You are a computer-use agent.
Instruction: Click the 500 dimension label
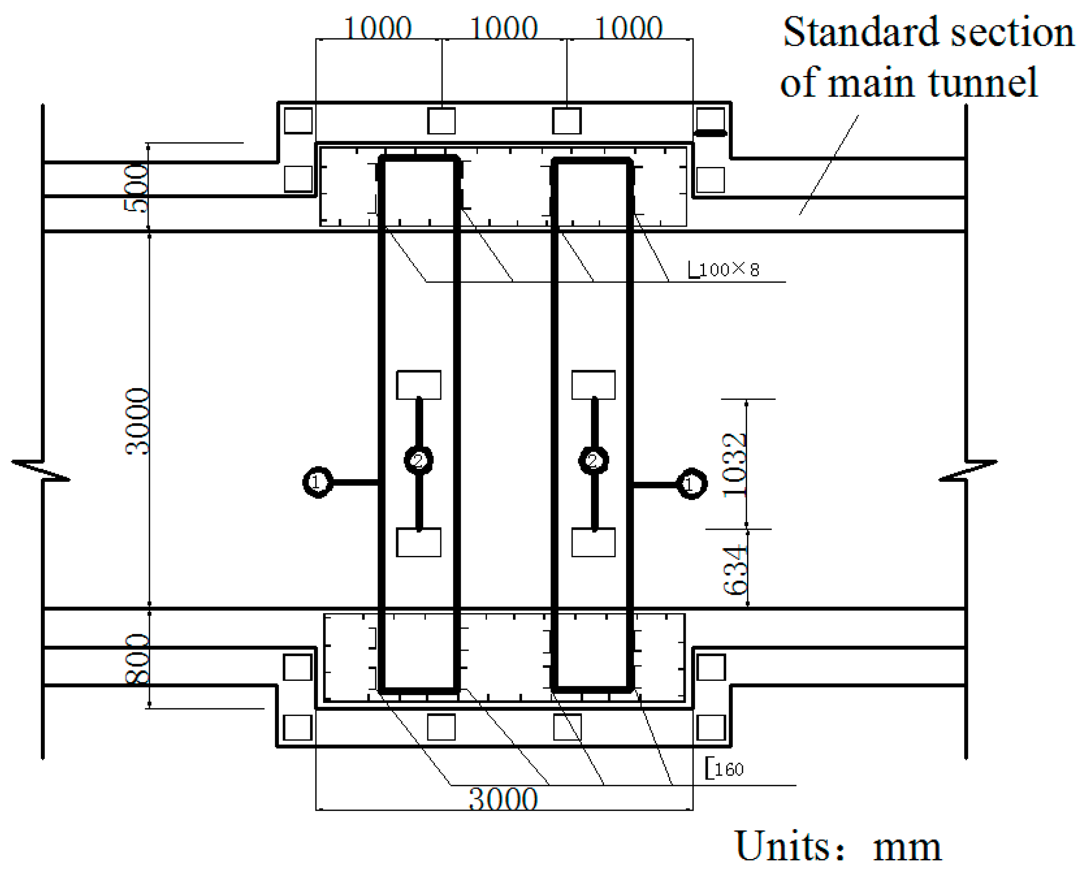[x=136, y=188]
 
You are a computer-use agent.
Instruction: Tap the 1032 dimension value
[x=735, y=465]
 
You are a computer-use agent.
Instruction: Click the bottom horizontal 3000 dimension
[x=503, y=799]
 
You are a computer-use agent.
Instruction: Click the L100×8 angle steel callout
[x=724, y=270]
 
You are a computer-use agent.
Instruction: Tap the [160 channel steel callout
[x=724, y=769]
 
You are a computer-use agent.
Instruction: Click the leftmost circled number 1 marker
[x=318, y=482]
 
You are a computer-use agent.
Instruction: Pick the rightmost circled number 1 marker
[x=692, y=484]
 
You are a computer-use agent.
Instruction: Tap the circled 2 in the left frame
[x=419, y=460]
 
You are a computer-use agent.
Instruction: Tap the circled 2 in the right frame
[x=594, y=460]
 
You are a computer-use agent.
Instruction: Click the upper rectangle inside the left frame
[x=419, y=385]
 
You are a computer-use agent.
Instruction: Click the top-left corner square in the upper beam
[x=298, y=121]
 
